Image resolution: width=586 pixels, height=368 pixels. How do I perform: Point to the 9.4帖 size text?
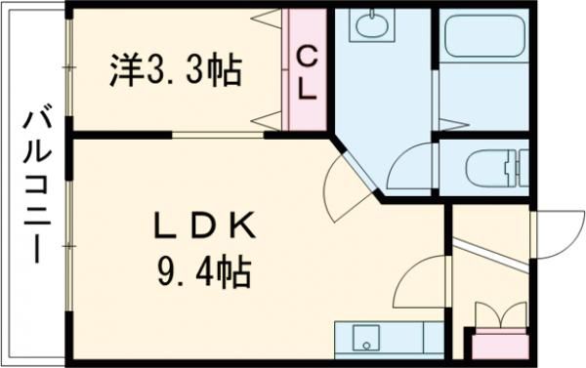click(x=205, y=267)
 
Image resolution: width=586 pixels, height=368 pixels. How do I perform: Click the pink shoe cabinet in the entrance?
click(x=498, y=344)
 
